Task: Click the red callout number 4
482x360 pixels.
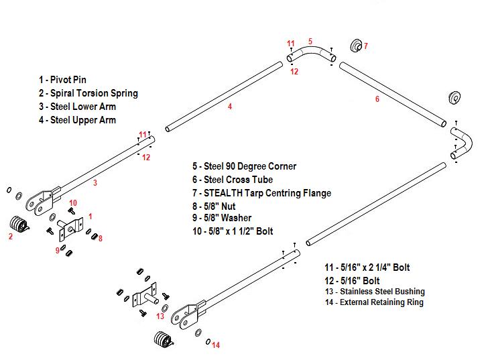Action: (230, 107)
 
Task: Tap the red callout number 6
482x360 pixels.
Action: (377, 99)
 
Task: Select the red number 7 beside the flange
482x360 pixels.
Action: (365, 46)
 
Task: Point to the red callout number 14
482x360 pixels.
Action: (216, 345)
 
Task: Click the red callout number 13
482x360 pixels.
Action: (160, 316)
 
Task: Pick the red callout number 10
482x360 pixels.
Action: (73, 202)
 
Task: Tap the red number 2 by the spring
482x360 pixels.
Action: (10, 236)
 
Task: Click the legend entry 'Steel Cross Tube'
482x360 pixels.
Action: (232, 180)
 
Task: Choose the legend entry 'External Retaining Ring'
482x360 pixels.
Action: (374, 302)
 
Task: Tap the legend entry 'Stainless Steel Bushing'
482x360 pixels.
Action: (374, 292)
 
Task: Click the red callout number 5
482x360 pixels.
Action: (310, 41)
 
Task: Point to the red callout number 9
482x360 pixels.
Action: (57, 250)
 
